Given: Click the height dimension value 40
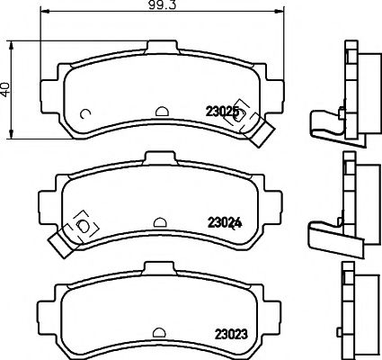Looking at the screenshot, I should click(6, 90).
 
